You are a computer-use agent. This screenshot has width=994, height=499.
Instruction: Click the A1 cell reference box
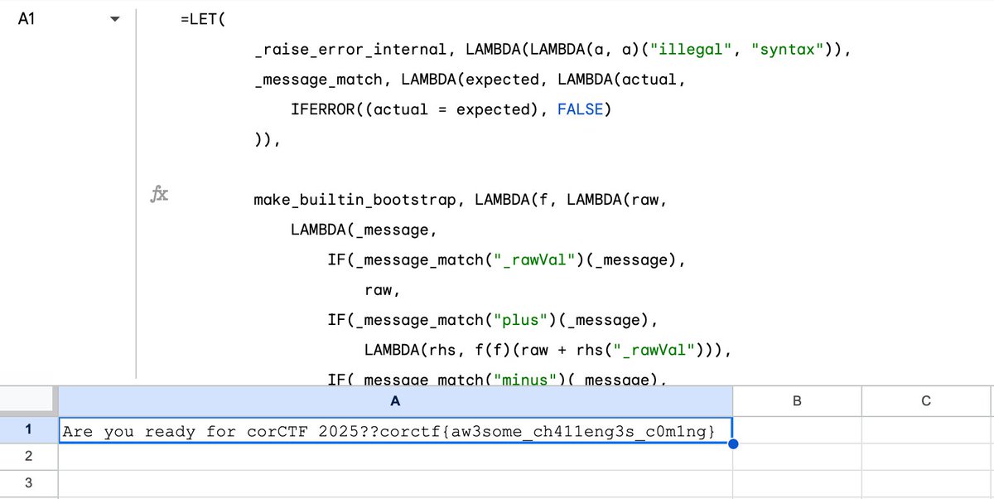(x=27, y=18)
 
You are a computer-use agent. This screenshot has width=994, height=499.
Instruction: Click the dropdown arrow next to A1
(x=115, y=19)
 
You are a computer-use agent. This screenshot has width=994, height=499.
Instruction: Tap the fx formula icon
(x=158, y=195)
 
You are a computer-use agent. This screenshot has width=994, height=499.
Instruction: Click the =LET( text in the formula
(x=201, y=19)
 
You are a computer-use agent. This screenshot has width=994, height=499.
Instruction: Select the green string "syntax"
(x=786, y=49)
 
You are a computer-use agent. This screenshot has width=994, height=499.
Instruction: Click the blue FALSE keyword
(x=580, y=109)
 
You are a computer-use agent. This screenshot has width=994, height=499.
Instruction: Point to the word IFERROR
(x=327, y=109)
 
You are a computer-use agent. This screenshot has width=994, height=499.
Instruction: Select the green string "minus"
(x=530, y=380)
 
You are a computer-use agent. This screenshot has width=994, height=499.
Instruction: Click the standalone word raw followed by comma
(x=382, y=291)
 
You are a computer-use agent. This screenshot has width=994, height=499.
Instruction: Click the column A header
(x=395, y=401)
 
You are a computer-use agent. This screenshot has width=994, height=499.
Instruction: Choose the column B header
(x=797, y=401)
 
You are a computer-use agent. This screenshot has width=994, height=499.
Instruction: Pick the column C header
(x=926, y=401)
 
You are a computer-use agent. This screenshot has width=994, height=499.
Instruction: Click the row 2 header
(x=28, y=456)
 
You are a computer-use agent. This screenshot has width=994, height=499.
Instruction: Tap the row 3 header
(x=28, y=483)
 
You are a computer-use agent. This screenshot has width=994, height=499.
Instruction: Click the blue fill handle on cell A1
(x=732, y=443)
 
